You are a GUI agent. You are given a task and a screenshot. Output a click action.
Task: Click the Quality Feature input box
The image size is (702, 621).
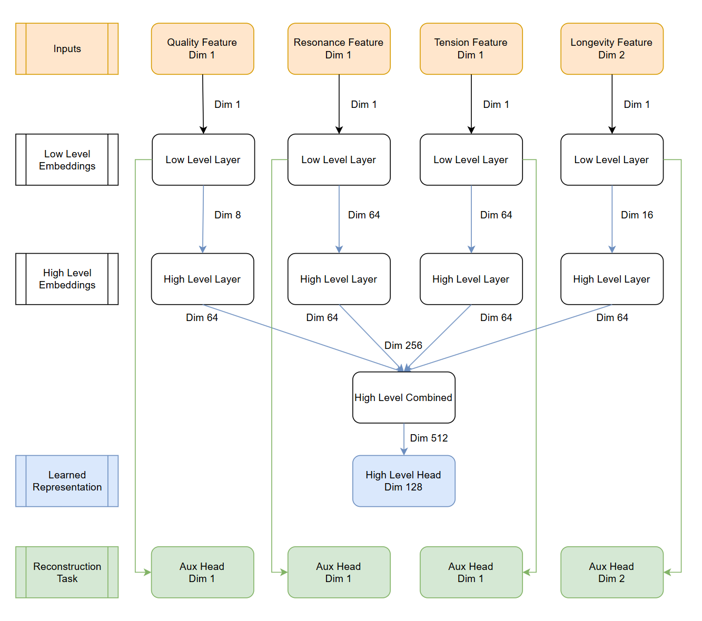(x=202, y=49)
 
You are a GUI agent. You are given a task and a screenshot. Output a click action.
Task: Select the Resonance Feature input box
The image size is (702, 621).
(x=339, y=49)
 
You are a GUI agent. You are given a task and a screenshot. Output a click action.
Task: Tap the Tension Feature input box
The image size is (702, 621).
(x=471, y=49)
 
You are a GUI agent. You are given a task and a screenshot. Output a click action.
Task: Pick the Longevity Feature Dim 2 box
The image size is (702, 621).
(x=611, y=49)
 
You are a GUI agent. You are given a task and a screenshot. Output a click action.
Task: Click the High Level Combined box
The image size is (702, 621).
(x=403, y=397)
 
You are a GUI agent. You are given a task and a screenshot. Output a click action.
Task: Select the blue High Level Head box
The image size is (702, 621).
(x=403, y=481)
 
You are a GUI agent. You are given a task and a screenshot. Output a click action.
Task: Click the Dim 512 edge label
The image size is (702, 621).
(x=429, y=438)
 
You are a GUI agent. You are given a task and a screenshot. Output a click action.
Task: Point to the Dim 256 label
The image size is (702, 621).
(x=403, y=345)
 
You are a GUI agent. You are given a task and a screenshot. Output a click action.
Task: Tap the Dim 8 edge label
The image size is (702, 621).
(x=228, y=215)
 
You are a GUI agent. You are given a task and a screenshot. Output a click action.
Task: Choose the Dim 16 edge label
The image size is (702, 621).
(x=637, y=215)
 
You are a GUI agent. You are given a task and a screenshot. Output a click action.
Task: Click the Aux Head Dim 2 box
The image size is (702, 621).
(x=611, y=572)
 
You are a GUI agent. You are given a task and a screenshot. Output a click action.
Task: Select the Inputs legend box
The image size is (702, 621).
(x=67, y=49)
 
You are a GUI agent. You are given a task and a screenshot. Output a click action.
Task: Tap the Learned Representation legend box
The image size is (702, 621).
(x=67, y=481)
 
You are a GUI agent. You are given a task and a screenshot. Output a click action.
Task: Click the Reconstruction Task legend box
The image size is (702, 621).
(x=67, y=572)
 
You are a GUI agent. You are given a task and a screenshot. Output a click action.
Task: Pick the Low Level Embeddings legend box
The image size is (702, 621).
(x=67, y=160)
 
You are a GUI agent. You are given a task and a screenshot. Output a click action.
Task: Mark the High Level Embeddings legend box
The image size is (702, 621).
(x=67, y=279)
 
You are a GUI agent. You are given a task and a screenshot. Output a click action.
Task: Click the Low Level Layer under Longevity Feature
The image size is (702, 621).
(x=611, y=160)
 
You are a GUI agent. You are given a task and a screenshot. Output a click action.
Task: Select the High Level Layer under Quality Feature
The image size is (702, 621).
(x=202, y=279)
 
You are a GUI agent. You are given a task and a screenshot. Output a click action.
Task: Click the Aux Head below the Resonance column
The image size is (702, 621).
(x=339, y=572)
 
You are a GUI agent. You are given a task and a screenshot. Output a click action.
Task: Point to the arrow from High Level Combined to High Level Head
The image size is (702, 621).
(x=404, y=439)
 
